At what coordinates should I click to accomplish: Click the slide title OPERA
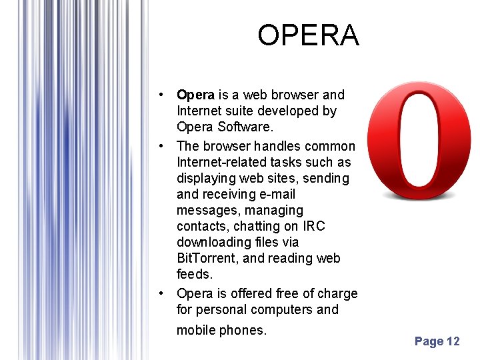308,35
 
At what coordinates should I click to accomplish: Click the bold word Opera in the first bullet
195,95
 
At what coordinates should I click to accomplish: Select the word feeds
194,274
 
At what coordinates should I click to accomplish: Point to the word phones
243,330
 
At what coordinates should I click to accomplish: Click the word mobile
196,330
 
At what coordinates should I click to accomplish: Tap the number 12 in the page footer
453,341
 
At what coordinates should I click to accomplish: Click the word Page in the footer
429,341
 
